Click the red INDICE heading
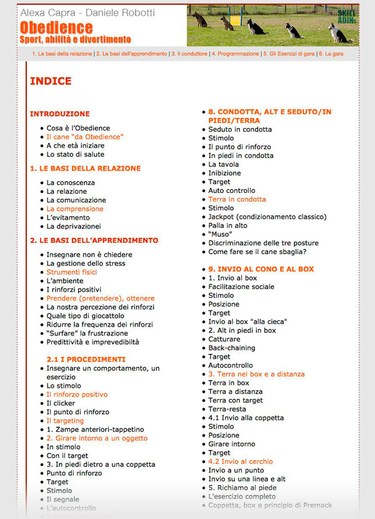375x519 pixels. point(51,81)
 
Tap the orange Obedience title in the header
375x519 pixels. point(56,27)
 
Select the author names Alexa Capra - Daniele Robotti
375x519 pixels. point(87,12)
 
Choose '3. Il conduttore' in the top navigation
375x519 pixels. point(189,54)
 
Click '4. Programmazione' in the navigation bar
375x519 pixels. point(235,54)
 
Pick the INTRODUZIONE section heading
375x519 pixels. point(59,114)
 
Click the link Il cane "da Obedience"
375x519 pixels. point(85,137)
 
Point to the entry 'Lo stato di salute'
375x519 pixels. point(75,154)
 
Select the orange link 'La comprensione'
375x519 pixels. point(75,209)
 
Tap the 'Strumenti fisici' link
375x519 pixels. point(72,272)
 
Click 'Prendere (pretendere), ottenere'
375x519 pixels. point(101,299)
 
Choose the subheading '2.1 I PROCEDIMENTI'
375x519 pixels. point(86,360)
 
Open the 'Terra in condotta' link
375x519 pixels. point(237,199)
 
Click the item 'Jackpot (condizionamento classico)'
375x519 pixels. point(267,217)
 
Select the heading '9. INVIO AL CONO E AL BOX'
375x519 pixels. point(261,269)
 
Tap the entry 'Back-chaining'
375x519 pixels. point(231,348)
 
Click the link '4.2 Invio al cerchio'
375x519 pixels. point(241,462)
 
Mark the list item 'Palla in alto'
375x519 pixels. point(228,225)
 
